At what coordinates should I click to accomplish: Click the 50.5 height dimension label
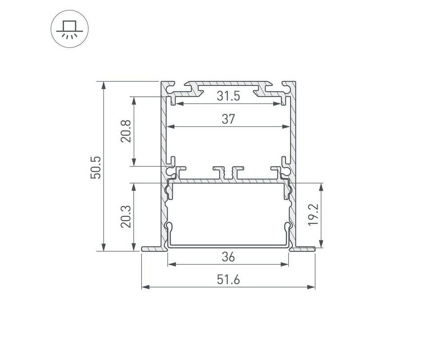click(95, 167)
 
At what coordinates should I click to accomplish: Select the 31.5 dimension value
click(228, 96)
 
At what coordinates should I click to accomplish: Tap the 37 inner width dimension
click(228, 119)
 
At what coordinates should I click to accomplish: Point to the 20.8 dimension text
click(126, 131)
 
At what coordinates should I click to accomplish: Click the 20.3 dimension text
click(126, 216)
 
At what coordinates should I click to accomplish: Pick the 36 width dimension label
click(228, 257)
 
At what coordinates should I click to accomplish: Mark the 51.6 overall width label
click(228, 280)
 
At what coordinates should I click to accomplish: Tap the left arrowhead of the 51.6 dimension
click(145, 287)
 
